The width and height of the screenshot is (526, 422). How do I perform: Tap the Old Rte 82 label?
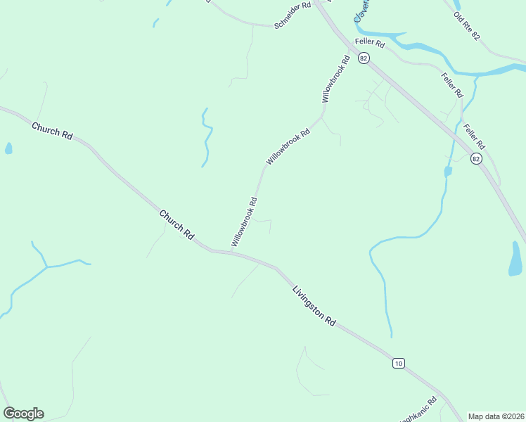[x=466, y=26]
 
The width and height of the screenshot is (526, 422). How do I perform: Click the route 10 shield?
[x=399, y=363]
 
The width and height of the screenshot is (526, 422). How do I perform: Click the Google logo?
[x=23, y=414]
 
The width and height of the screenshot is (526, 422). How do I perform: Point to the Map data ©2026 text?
[x=496, y=416]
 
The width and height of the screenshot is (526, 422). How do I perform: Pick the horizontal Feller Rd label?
[x=370, y=44]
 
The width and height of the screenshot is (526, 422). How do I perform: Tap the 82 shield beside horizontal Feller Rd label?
[x=363, y=59]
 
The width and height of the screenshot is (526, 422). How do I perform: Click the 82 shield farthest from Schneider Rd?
[x=477, y=159]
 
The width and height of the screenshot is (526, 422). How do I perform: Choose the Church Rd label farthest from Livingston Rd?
[x=52, y=129]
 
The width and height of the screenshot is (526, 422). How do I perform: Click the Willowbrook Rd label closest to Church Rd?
[x=244, y=222]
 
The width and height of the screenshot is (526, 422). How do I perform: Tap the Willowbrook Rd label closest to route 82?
[x=335, y=79]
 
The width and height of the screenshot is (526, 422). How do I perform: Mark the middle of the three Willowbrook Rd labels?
[x=288, y=146]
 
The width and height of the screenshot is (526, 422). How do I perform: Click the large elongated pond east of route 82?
[x=515, y=260]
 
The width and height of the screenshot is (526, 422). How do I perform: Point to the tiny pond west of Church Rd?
[x=8, y=148]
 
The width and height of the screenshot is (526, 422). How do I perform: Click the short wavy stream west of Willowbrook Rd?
[x=206, y=137]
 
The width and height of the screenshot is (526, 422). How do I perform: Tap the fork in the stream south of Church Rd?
[x=46, y=267]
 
